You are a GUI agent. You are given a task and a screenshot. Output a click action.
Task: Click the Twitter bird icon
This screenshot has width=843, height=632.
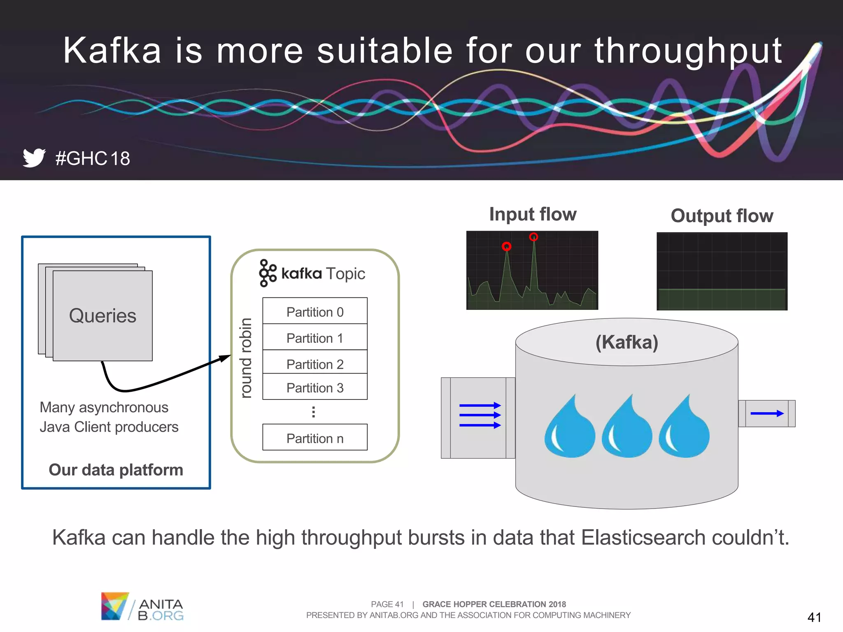[34, 158]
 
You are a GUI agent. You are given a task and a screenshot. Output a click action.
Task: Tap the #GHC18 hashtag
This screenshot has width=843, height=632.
[93, 158]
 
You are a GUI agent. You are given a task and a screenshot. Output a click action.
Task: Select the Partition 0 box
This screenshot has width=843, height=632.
[315, 311]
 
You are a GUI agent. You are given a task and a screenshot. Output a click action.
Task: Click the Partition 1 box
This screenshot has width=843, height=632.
[315, 338]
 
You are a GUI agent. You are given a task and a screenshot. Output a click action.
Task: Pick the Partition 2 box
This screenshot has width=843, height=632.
[315, 363]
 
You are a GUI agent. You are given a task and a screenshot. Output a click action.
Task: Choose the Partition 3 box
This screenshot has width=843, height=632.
[315, 387]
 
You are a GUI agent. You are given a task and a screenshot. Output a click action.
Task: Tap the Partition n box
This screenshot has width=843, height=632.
[315, 438]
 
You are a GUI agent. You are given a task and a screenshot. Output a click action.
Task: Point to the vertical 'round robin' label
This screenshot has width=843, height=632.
[246, 358]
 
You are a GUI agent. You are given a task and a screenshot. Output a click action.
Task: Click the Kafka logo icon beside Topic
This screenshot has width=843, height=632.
[268, 273]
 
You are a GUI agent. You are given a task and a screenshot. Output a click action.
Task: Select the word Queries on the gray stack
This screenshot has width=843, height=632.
[102, 316]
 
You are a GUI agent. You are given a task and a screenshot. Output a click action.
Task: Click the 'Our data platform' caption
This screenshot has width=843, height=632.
[116, 470]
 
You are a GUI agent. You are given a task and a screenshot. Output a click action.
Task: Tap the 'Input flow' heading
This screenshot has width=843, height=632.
[533, 214]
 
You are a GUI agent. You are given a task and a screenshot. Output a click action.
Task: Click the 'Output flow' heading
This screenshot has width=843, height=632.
[722, 216]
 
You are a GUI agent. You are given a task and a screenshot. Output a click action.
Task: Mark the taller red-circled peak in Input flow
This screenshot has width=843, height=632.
[533, 237]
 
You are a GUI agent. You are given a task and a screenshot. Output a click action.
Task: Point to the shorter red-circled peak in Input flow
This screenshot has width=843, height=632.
[507, 246]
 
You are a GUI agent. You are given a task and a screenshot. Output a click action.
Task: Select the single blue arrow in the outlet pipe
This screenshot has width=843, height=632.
[767, 414]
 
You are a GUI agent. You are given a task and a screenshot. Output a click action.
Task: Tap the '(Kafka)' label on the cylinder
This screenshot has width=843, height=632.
[626, 342]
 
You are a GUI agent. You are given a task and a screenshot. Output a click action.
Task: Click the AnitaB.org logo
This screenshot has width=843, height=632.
[142, 606]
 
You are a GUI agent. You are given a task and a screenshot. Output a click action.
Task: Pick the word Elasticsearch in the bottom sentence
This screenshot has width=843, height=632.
[643, 538]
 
